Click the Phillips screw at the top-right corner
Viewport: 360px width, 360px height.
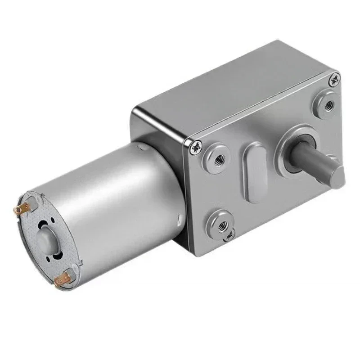pyautogui.click(x=334, y=81)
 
